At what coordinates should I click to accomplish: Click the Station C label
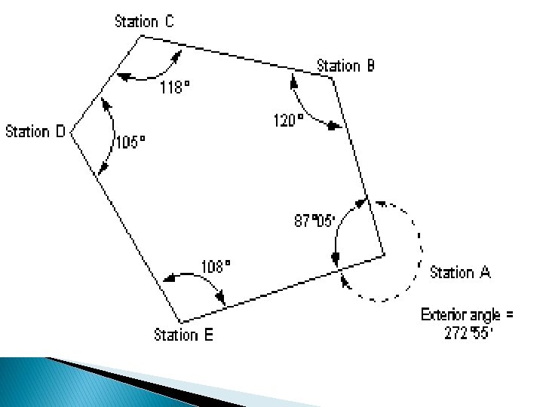point(144,21)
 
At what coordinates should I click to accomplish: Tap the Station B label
point(345,66)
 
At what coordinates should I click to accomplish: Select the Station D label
point(36,132)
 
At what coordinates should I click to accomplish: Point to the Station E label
point(183,334)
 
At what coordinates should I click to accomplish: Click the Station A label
point(460,272)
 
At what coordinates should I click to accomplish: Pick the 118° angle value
point(175,87)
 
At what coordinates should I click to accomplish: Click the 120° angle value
point(288,120)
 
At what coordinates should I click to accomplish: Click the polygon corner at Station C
point(139,35)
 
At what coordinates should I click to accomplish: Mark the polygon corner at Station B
point(332,77)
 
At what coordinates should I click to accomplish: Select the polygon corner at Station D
point(71,132)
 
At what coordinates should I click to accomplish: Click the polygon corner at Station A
point(384,255)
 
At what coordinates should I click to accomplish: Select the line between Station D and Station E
point(124,225)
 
